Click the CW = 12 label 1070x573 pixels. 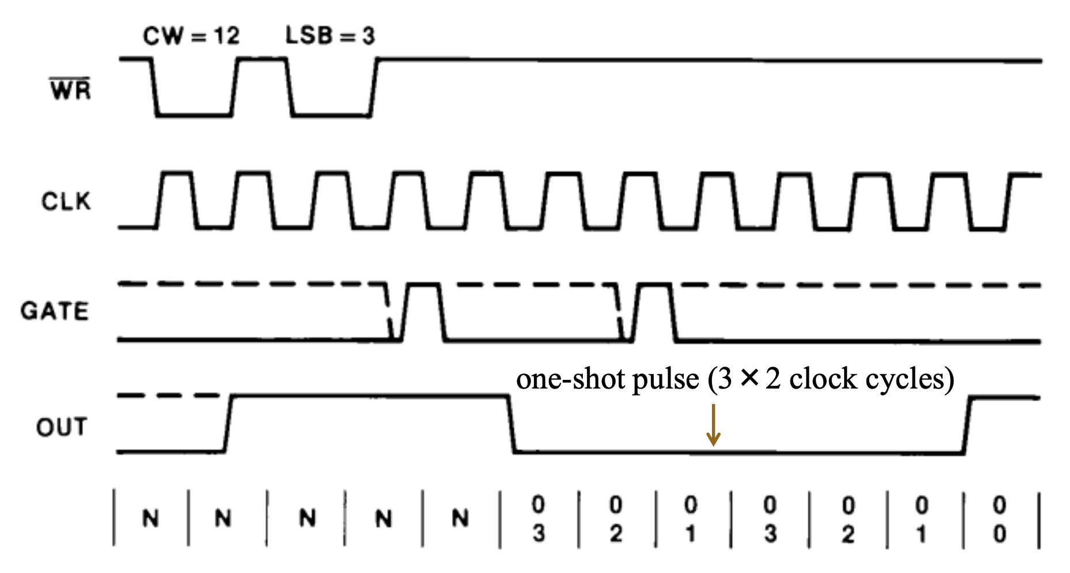pos(191,36)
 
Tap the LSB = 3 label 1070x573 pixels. pos(330,36)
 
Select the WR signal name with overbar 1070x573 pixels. pos(70,91)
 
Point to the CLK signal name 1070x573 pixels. pos(66,202)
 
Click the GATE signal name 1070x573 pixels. pos(55,311)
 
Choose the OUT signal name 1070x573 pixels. pos(62,427)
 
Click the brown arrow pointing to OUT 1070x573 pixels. pos(714,425)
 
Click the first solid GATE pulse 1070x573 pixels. pos(423,311)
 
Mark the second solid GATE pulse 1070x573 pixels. pos(654,311)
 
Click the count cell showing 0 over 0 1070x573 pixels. pos(1000,519)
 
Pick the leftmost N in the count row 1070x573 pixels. pos(151,519)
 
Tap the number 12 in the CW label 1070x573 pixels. pos(227,36)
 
